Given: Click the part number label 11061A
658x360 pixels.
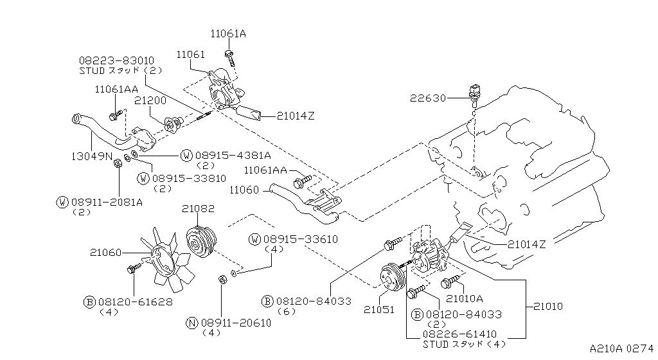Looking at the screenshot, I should (228, 33).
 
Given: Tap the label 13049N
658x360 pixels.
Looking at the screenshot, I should (91, 156).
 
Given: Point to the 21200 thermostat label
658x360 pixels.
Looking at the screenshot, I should (150, 100).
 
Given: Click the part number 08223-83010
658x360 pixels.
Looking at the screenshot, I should (116, 60).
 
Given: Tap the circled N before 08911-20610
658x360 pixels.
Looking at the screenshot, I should (191, 323).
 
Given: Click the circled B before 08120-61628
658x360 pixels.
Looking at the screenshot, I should (90, 301).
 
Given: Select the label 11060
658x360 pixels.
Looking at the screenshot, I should (244, 190).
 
